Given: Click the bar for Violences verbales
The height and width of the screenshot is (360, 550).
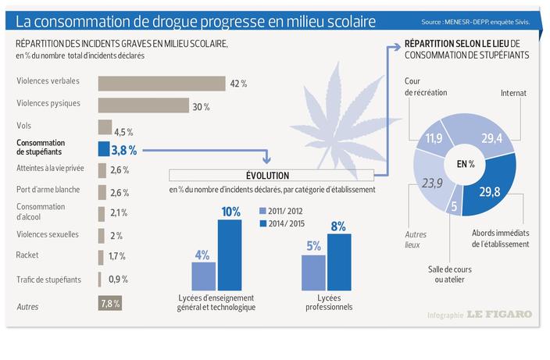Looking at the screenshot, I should [161, 83].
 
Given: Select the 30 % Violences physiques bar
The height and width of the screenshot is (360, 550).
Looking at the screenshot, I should [143, 105].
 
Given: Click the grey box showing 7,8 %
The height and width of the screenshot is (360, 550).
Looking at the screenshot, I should [109, 303].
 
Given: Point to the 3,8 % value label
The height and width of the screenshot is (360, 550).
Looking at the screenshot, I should [123, 149].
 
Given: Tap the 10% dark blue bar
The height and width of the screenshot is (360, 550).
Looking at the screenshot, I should [230, 255].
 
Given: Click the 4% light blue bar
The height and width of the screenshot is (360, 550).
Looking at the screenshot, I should [204, 276].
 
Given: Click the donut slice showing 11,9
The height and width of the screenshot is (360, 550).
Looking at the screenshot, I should [437, 141].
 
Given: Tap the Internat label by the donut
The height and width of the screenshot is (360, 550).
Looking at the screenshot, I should [513, 93].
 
